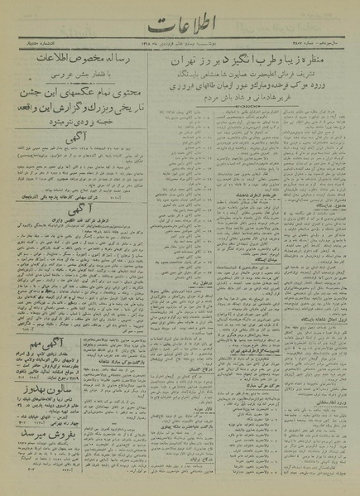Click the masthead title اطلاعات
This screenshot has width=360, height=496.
pyautogui.click(x=180, y=23)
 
